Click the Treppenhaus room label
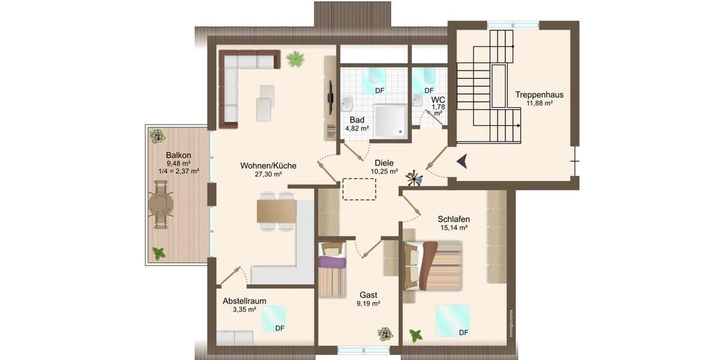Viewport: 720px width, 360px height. (539, 94)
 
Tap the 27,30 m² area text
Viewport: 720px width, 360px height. (268, 175)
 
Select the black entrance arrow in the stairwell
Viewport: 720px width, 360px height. (461, 161)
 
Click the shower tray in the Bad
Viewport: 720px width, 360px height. (390, 120)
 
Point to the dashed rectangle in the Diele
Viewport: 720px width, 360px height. (359, 190)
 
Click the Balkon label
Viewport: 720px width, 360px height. (179, 155)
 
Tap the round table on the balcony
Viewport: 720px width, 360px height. (161, 205)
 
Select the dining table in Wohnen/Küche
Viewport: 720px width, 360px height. (277, 211)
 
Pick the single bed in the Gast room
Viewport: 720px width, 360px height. (332, 269)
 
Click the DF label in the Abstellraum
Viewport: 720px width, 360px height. (280, 328)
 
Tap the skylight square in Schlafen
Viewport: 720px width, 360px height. (452, 320)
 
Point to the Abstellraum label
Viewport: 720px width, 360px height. (244, 301)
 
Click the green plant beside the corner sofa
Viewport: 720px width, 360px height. (295, 59)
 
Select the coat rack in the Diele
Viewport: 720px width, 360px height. (413, 177)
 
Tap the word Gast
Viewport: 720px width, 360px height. (368, 295)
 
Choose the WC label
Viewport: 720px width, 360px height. (438, 99)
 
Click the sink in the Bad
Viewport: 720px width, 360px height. (347, 103)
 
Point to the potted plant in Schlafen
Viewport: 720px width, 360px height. (415, 335)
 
